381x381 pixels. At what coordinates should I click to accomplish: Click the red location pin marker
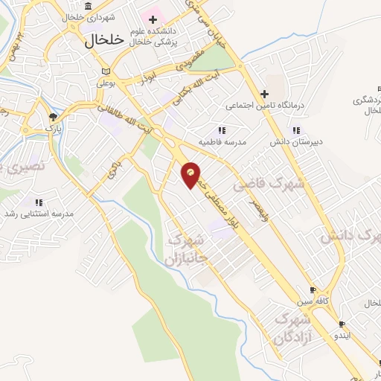click(191, 174)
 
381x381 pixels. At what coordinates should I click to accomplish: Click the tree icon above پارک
click(52, 116)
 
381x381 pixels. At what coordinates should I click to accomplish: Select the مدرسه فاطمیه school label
click(221, 140)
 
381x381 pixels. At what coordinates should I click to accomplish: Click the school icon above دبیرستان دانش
click(296, 129)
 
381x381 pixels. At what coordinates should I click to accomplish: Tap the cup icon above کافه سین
click(313, 291)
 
